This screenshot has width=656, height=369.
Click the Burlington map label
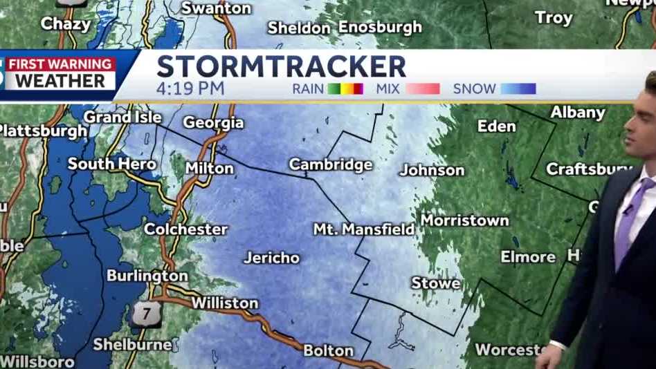pos(147,276)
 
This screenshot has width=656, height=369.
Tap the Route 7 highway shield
pos(146,314)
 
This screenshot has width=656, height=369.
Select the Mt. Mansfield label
pos(363,229)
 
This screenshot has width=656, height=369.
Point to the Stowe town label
pos(435,283)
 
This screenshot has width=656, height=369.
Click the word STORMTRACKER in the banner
pos(281,66)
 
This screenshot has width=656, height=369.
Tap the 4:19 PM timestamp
pos(190,88)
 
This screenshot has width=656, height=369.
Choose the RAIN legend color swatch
pos(345,88)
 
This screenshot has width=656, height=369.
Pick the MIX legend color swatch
pos(422,88)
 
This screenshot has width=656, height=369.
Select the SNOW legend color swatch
pos(518,88)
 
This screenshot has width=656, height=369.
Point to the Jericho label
pos(271,258)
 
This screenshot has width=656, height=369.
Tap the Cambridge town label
pos(330,164)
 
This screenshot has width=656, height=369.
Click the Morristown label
pos(464,220)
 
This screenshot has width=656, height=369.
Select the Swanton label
pos(216,8)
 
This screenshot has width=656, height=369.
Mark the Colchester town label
pos(185,229)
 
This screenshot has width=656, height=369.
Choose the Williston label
pos(224,303)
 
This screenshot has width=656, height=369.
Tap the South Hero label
pos(111,164)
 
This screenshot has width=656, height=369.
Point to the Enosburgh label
pos(380,27)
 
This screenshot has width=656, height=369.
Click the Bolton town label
pos(328,350)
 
